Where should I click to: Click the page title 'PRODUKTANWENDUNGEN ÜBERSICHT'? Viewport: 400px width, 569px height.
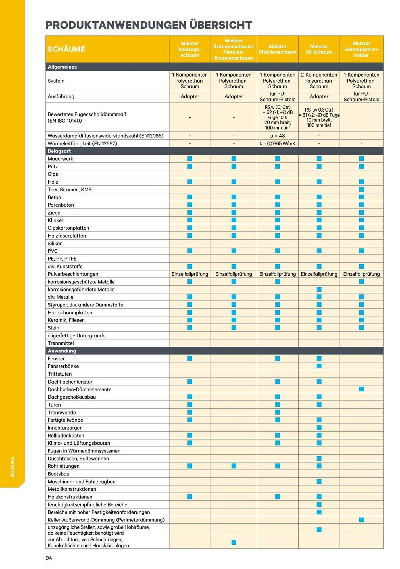point(149,25)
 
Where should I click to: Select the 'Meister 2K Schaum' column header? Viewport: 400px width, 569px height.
point(319,49)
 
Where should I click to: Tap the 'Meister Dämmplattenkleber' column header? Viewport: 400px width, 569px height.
point(361,49)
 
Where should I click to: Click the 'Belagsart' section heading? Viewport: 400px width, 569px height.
point(59,151)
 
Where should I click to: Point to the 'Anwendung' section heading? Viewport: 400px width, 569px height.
point(62,351)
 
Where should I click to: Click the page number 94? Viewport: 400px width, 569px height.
point(49,558)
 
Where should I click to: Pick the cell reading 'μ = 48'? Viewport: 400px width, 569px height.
point(277,136)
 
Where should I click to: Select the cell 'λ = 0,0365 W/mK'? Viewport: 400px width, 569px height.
point(277,143)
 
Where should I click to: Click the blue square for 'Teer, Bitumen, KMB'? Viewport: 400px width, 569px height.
point(361,189)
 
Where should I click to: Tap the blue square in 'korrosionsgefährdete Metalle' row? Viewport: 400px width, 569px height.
point(319,289)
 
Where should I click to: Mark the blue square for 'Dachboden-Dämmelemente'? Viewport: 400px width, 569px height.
point(361,389)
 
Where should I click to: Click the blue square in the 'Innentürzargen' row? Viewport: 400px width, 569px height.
point(319,428)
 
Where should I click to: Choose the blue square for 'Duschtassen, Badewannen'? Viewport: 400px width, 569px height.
point(319,458)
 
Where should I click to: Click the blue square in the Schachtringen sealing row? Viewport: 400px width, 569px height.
point(234,542)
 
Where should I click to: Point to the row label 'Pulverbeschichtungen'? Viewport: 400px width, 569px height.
point(73,274)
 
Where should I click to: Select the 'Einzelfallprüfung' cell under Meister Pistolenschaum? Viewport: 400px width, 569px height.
point(277,274)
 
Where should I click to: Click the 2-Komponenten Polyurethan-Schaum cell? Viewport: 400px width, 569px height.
point(319,81)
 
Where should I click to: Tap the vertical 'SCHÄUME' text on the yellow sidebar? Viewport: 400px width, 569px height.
point(13,467)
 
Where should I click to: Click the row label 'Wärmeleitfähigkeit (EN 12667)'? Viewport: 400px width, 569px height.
point(82,143)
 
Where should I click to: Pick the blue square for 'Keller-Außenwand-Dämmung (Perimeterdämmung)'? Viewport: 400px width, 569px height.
point(361,520)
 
